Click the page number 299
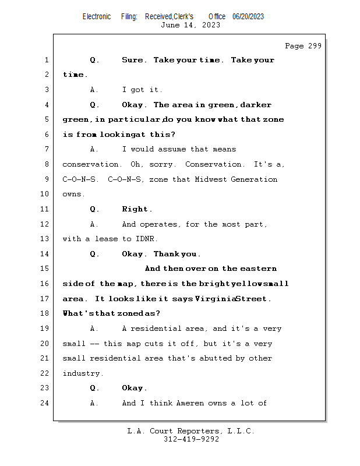click(315, 46)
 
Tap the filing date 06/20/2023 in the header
click(248, 17)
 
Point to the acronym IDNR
click(146, 239)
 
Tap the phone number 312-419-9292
click(191, 439)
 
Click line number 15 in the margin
click(45, 269)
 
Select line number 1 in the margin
click(47, 60)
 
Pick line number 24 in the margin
click(45, 403)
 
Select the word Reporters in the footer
click(200, 431)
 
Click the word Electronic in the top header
click(97, 17)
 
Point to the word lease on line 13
click(106, 239)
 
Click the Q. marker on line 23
click(94, 388)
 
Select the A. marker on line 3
click(94, 90)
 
